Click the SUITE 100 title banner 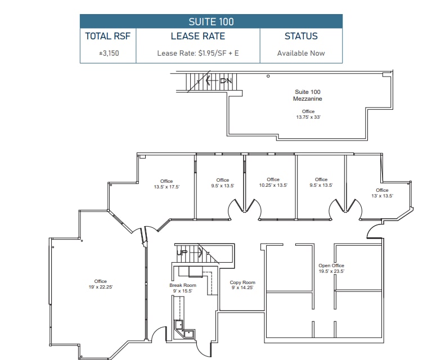[x=211, y=22]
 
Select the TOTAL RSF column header [x=107, y=36]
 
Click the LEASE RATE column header [x=197, y=36]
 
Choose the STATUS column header [x=301, y=36]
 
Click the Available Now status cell [x=301, y=53]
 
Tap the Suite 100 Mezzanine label [x=308, y=95]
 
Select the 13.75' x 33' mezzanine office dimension [x=308, y=117]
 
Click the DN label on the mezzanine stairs [x=226, y=81]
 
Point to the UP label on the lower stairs [x=182, y=253]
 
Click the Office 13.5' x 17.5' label [x=166, y=184]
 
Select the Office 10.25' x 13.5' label [x=273, y=182]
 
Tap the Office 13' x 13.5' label [x=382, y=193]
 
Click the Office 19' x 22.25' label [x=100, y=284]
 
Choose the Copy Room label [x=242, y=282]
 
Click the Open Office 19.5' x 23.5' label [x=331, y=268]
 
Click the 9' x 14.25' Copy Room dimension [x=242, y=287]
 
